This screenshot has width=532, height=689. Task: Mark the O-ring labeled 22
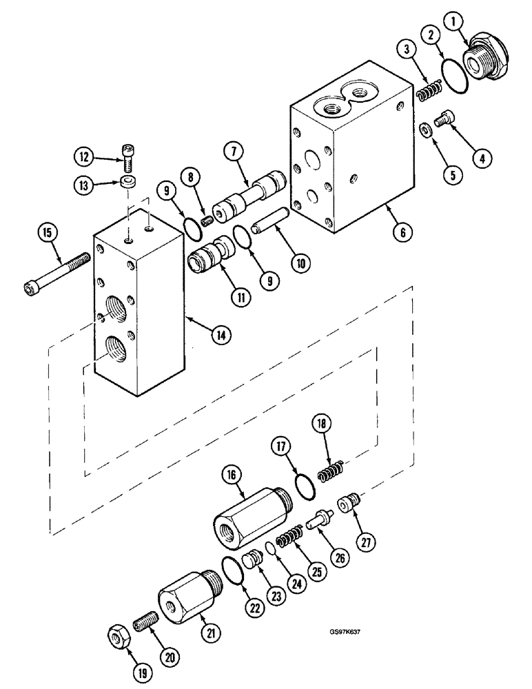(x=234, y=572)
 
